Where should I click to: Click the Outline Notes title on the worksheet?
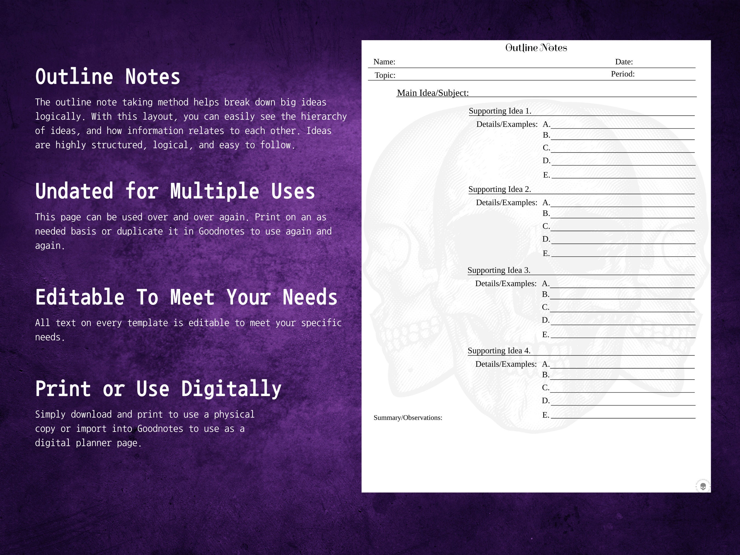pyautogui.click(x=536, y=48)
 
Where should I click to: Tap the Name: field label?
pyautogui.click(x=384, y=62)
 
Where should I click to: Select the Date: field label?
pyautogui.click(x=624, y=62)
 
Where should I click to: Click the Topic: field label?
pyautogui.click(x=385, y=75)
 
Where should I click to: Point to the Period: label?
pyautogui.click(x=623, y=74)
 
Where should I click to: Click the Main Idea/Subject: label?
pyautogui.click(x=432, y=93)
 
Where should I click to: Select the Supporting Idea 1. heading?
pyautogui.click(x=500, y=111)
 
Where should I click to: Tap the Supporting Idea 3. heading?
pyautogui.click(x=499, y=270)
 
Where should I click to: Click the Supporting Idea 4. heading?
pyautogui.click(x=499, y=351)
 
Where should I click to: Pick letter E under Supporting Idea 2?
pyautogui.click(x=546, y=254)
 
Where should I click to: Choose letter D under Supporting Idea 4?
pyautogui.click(x=545, y=401)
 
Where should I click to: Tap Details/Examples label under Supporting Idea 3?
pyautogui.click(x=505, y=284)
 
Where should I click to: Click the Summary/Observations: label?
pyautogui.click(x=408, y=418)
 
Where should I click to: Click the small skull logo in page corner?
pyautogui.click(x=703, y=486)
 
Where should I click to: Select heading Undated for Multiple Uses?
pyautogui.click(x=175, y=191)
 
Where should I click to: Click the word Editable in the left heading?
pyautogui.click(x=80, y=297)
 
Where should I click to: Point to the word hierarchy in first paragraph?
pyautogui.click(x=323, y=116)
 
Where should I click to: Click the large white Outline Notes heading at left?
pyautogui.click(x=108, y=77)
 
